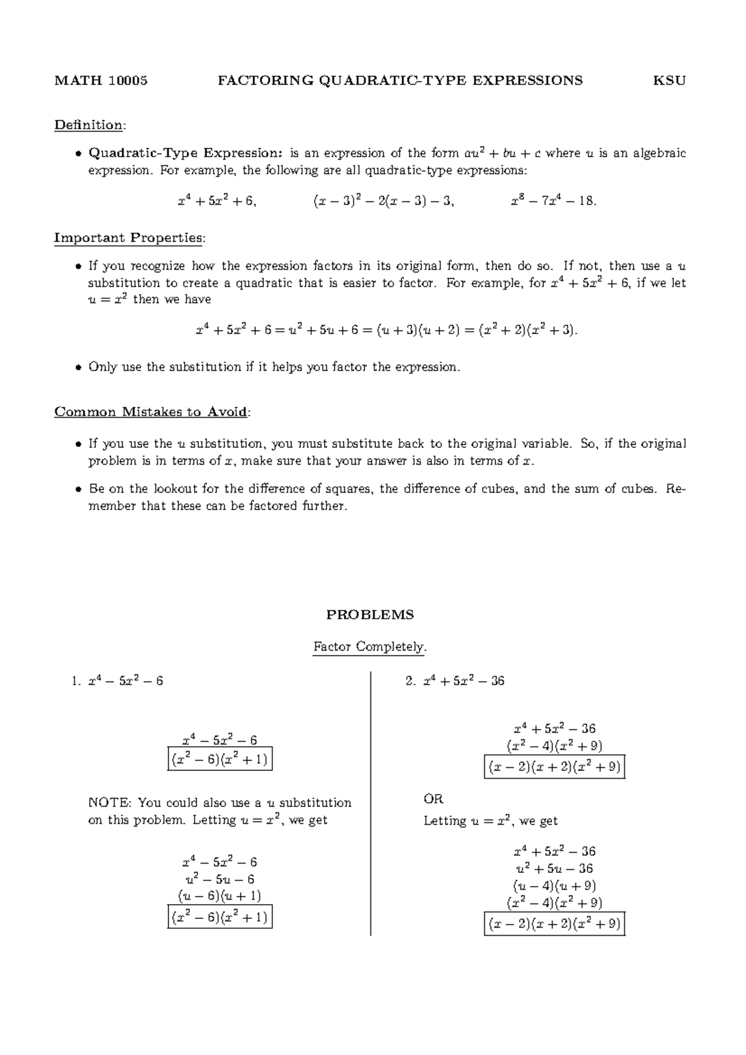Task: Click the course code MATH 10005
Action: [101, 80]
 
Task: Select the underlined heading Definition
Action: [89, 125]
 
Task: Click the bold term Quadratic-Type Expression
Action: [185, 153]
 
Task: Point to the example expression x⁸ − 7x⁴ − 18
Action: [553, 201]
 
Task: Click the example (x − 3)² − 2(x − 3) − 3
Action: [383, 201]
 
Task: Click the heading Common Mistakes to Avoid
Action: [151, 412]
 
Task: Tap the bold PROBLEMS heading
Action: [370, 615]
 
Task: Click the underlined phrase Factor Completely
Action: [370, 647]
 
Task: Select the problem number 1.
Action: [75, 682]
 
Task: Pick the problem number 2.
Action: [410, 682]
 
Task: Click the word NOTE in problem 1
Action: [109, 803]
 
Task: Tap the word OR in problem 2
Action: [433, 799]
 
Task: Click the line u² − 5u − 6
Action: [219, 879]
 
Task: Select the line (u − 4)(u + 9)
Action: [555, 886]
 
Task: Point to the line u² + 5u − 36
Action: [555, 869]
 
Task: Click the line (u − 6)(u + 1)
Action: [219, 896]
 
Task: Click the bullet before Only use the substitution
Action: [78, 367]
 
